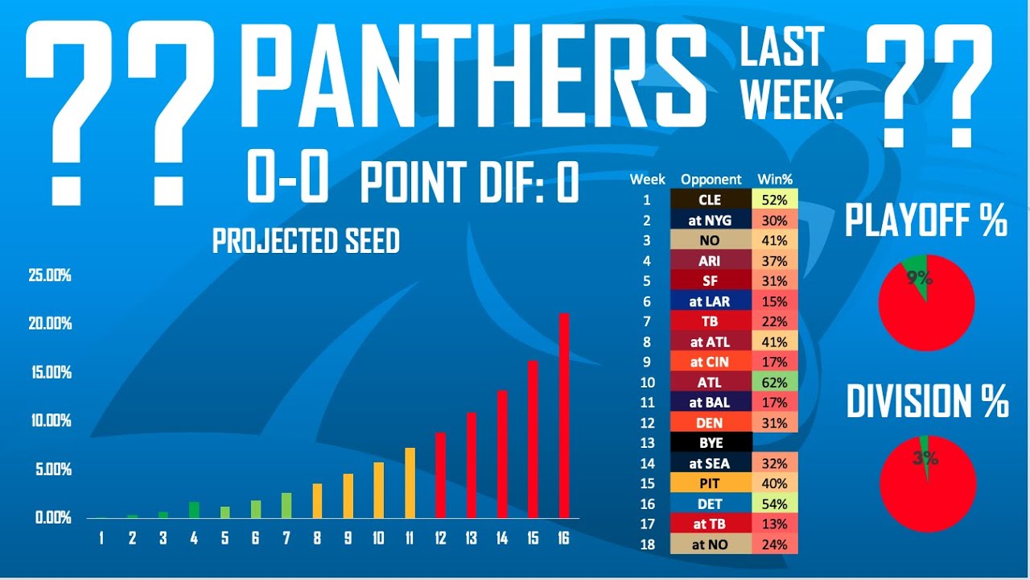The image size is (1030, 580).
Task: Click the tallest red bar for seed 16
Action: point(564,415)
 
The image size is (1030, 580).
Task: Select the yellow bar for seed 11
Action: point(410,483)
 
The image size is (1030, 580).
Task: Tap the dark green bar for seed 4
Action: point(194,509)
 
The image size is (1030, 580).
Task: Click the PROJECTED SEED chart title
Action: point(306,241)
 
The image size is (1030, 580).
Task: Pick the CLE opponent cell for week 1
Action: point(710,200)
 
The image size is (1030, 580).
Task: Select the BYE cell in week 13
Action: point(710,443)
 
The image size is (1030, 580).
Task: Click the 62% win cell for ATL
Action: point(775,382)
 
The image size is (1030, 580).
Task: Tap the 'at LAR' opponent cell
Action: point(710,301)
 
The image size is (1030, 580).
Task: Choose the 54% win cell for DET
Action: point(775,503)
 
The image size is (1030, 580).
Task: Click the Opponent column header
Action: point(711,180)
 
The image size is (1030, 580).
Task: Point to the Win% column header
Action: point(775,180)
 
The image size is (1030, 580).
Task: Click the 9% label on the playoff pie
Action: point(919,279)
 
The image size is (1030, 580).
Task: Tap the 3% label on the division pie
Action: point(925,458)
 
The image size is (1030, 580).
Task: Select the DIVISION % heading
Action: point(927,400)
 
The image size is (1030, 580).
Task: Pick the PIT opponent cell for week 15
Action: point(710,483)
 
